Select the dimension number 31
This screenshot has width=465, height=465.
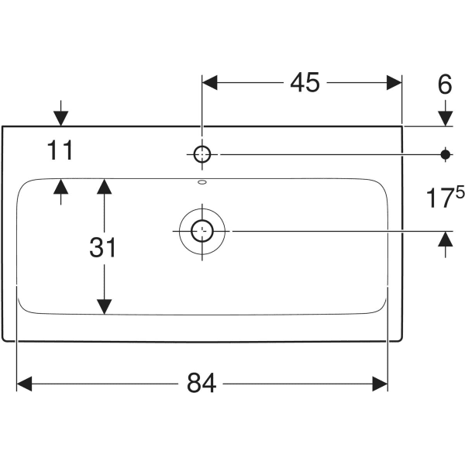(x=102, y=248)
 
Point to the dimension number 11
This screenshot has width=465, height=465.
(x=60, y=151)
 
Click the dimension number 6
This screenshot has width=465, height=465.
(x=444, y=84)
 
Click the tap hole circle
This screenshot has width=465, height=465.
(x=201, y=154)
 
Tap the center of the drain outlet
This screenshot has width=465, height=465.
(x=202, y=230)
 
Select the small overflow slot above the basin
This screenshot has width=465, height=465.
(x=202, y=183)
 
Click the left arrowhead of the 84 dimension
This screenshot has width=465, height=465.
(x=24, y=383)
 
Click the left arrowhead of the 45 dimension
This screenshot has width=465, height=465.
(x=210, y=83)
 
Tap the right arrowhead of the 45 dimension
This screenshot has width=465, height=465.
(x=394, y=83)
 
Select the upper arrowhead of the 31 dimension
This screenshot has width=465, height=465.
(x=103, y=186)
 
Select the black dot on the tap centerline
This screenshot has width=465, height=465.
(x=445, y=154)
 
